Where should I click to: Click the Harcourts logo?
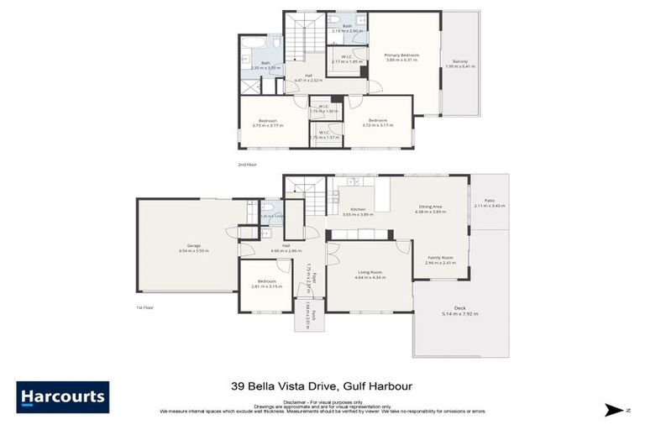click(x=62, y=396)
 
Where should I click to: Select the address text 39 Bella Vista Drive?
click(x=286, y=386)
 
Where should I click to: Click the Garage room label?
click(x=194, y=247)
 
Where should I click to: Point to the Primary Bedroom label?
click(x=402, y=55)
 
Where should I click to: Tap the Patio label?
click(x=490, y=202)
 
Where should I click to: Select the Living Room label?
click(x=369, y=272)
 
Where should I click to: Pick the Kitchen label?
click(x=359, y=210)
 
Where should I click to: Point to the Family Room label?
click(x=440, y=258)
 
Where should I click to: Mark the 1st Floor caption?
click(x=144, y=307)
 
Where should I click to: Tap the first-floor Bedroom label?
click(x=267, y=281)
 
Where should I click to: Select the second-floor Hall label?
click(x=308, y=76)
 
